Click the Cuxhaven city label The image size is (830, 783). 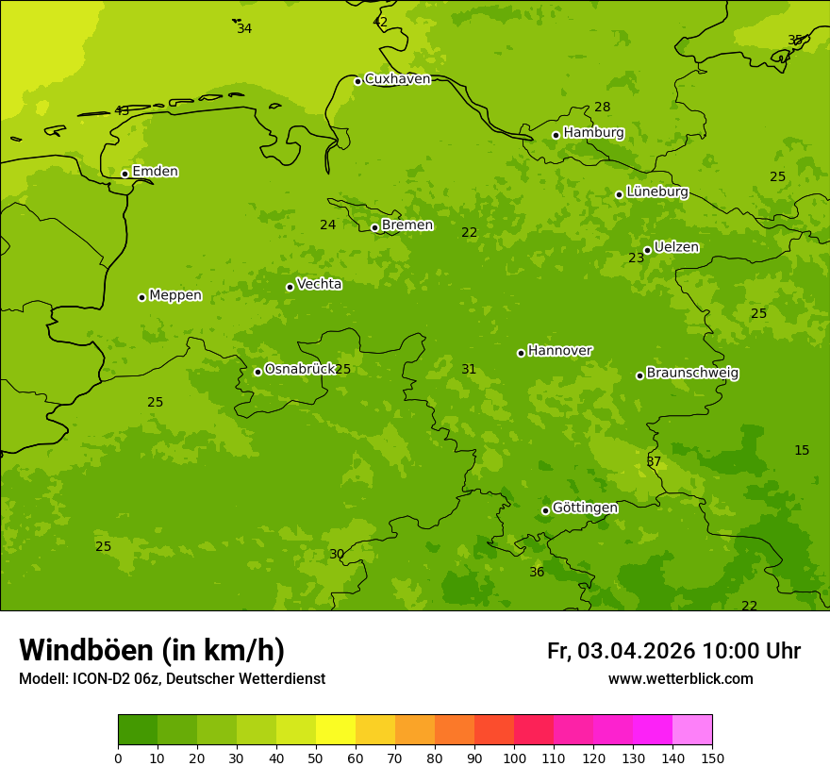397,79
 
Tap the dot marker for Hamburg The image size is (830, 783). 556,135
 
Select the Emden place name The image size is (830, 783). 155,172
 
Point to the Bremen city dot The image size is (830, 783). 374,227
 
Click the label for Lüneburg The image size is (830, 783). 656,192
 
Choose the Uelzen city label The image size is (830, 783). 676,247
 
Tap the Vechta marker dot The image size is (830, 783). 290,287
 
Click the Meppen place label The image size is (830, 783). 175,295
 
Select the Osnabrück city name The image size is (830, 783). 300,369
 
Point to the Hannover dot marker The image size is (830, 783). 521,353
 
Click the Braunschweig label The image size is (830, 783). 692,373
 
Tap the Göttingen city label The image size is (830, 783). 585,508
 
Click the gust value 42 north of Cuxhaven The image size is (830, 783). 380,22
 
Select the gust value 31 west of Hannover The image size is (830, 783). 469,369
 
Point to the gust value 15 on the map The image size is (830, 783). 802,450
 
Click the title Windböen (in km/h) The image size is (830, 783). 152,650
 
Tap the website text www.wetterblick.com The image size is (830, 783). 680,678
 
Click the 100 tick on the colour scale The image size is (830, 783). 514,758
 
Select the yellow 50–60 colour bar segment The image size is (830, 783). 336,729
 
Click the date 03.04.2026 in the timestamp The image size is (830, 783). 636,651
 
